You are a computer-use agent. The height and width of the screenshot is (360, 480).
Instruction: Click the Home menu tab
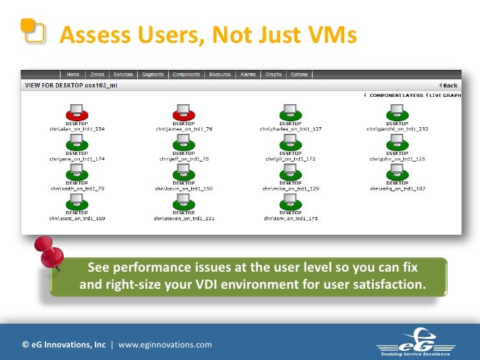(73, 75)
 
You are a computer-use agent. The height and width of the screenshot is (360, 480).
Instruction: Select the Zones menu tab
(96, 75)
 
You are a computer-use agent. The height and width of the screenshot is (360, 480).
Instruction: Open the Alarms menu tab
(248, 75)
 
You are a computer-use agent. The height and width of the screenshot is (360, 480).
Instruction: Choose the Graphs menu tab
(274, 75)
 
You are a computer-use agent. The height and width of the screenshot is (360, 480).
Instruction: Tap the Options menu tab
(299, 75)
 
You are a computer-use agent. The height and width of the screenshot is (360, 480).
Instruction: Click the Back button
(449, 86)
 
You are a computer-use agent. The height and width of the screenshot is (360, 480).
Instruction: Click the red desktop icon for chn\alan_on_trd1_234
(76, 113)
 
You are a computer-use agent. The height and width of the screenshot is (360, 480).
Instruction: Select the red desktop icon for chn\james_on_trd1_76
(183, 113)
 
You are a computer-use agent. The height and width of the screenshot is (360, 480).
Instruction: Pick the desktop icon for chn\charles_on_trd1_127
(290, 113)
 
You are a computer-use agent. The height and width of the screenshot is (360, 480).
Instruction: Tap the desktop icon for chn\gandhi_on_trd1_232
(397, 113)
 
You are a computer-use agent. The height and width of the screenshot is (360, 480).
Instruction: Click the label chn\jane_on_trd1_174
(76, 159)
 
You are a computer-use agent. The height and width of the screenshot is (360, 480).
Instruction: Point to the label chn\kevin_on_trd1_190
(184, 189)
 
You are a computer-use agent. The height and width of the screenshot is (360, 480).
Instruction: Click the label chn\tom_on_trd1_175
(290, 218)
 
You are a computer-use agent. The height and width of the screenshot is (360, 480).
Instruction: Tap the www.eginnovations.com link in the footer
(165, 344)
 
